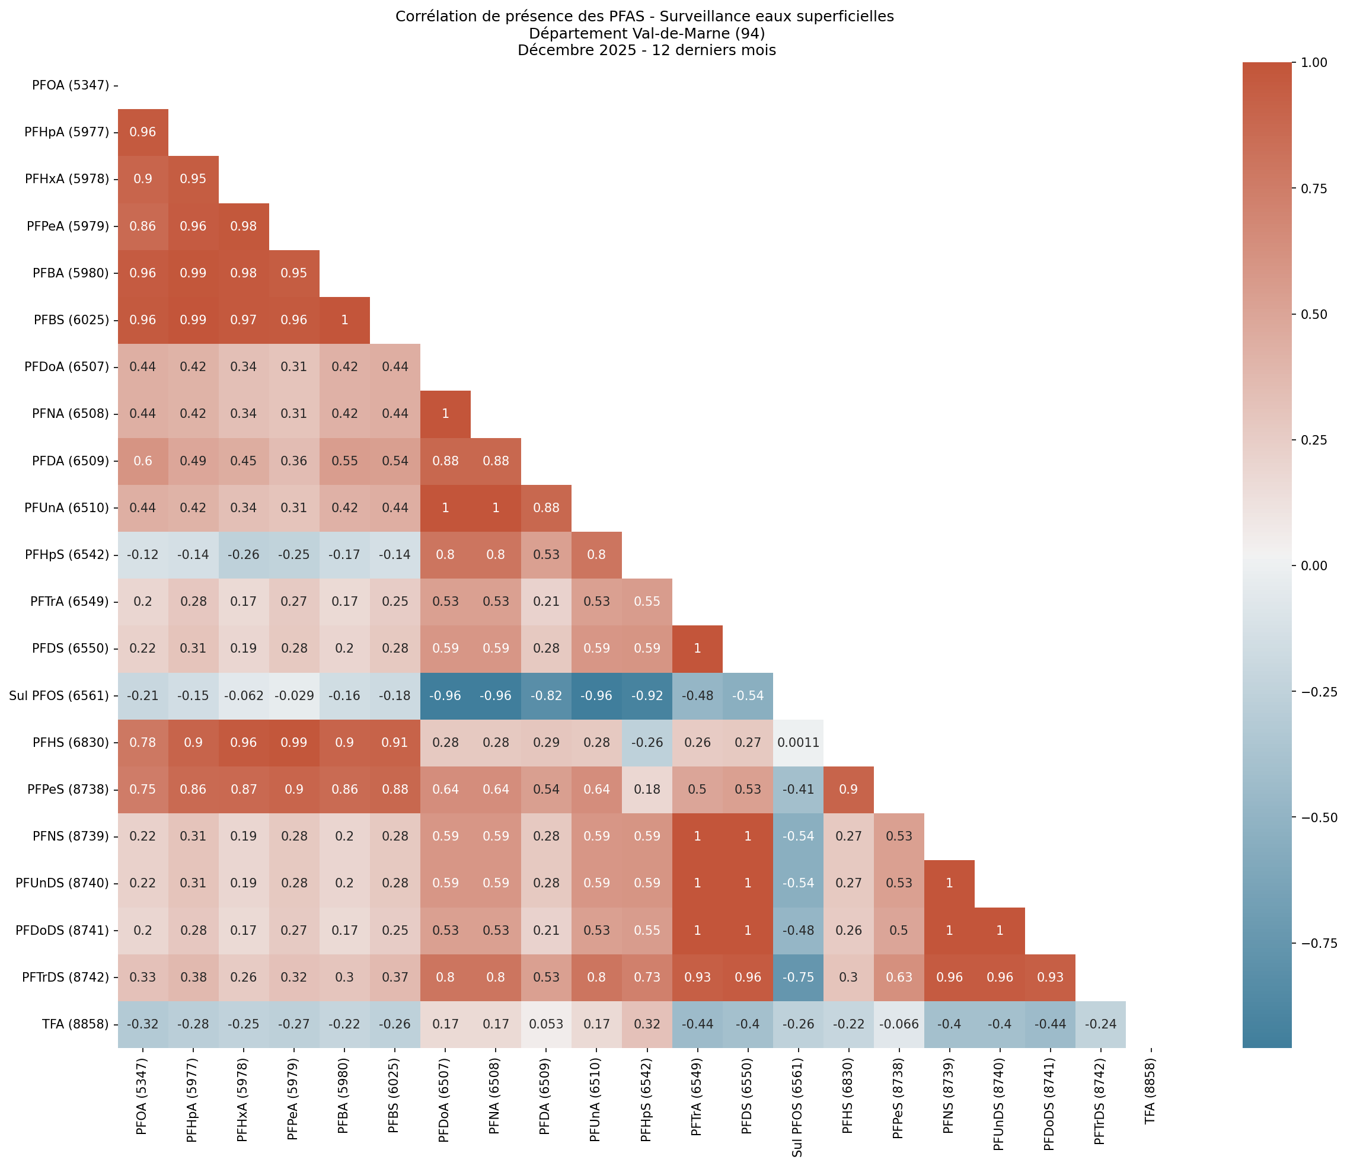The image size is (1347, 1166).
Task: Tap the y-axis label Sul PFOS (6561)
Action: pyautogui.click(x=59, y=695)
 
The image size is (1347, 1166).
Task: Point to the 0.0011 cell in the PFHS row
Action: pyautogui.click(x=798, y=742)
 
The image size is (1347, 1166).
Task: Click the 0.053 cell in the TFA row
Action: pyautogui.click(x=546, y=1024)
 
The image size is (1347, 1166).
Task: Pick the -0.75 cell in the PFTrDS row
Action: pyautogui.click(x=798, y=977)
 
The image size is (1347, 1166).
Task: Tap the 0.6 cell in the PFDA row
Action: pyautogui.click(x=142, y=461)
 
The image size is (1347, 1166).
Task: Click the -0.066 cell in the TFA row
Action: pyautogui.click(x=898, y=1024)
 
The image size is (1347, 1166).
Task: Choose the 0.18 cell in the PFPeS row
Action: pyautogui.click(x=646, y=789)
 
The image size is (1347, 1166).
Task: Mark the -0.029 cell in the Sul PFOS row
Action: pyautogui.click(x=294, y=695)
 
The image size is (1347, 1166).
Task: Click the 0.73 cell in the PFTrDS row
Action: pyautogui.click(x=646, y=977)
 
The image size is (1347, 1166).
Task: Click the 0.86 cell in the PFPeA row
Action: pyautogui.click(x=142, y=226)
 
